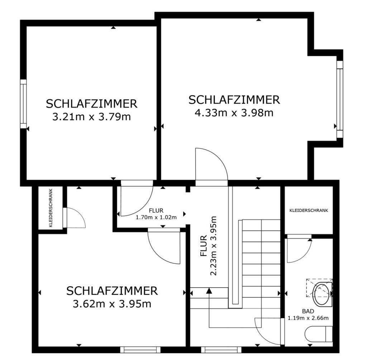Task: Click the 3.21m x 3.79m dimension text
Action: pos(91,117)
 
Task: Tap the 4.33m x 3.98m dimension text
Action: pos(234,113)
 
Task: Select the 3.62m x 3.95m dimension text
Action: pos(112,304)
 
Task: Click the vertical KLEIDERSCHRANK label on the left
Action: pos(51,208)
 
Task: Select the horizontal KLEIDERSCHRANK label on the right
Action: pos(308,210)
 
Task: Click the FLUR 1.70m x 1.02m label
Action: pos(156,214)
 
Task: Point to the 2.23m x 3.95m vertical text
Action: pos(214,246)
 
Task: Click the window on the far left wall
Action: pos(23,104)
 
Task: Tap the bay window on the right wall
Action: pos(339,99)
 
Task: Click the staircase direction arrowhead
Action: pos(209,291)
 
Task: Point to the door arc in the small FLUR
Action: pos(136,201)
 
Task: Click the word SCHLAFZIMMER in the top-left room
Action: pos(91,104)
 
